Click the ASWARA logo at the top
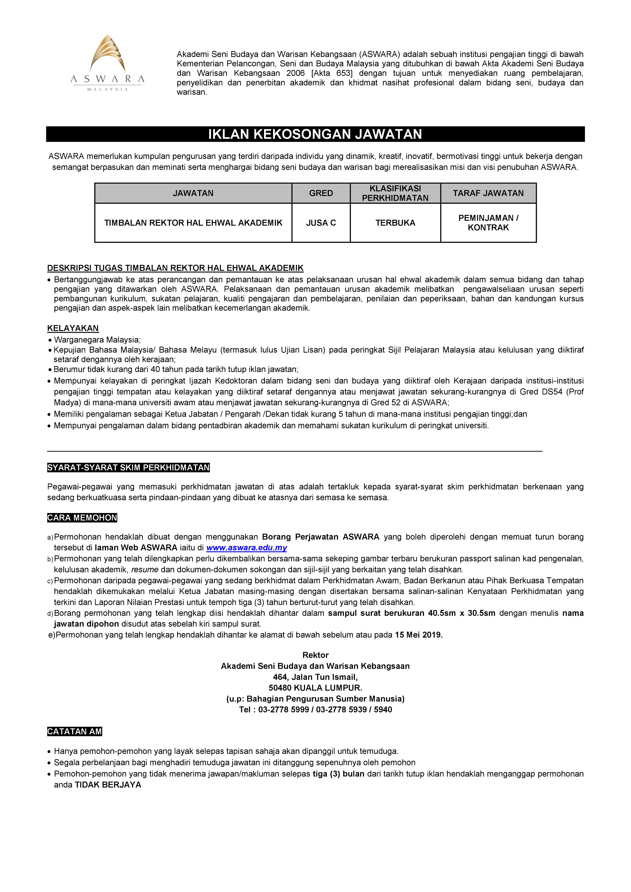[107, 63]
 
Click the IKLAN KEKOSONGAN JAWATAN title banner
[315, 134]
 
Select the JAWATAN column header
[193, 193]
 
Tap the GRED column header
[321, 193]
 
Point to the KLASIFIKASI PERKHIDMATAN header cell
[395, 193]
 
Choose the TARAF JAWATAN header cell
[488, 193]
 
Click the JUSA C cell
[321, 223]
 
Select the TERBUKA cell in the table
[395, 223]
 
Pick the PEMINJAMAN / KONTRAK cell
[488, 223]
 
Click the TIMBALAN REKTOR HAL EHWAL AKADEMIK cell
[193, 223]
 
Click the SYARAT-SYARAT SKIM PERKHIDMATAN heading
[128, 467]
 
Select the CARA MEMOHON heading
[82, 517]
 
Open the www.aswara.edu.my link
[246, 548]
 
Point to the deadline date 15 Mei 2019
[418, 635]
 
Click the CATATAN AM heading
[74, 732]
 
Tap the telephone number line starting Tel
[315, 709]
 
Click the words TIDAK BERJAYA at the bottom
[108, 785]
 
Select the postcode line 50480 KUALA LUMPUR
[315, 688]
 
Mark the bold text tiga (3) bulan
[338, 774]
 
